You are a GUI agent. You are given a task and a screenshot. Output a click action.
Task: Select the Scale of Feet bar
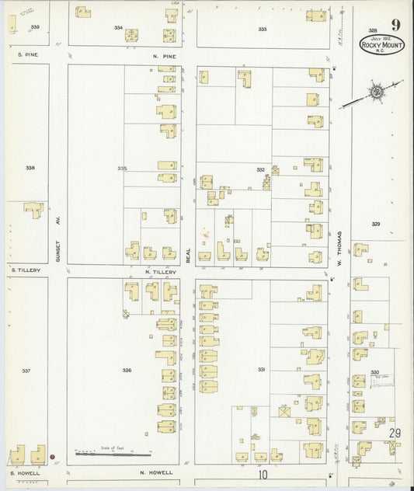click(113, 452)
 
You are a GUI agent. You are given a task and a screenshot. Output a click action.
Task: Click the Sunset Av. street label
click(57, 250)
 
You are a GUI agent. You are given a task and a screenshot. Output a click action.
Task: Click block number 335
click(122, 168)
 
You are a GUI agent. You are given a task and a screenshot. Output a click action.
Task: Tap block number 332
click(261, 169)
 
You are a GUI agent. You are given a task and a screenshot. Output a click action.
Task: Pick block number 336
click(127, 370)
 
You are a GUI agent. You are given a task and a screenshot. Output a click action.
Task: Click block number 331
click(262, 369)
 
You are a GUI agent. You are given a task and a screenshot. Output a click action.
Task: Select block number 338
click(30, 168)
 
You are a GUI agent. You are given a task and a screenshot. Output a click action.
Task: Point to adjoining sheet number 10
click(263, 473)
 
